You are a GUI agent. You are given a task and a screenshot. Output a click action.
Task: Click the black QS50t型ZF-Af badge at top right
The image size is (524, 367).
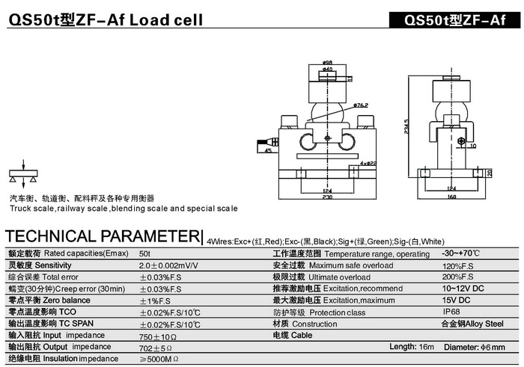(454, 19)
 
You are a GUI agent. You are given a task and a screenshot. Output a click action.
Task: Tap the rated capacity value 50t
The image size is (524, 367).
(144, 254)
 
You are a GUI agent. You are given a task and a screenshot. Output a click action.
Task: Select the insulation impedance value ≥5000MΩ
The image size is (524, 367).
(159, 359)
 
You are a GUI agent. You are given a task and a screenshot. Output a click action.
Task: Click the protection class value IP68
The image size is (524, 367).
(451, 312)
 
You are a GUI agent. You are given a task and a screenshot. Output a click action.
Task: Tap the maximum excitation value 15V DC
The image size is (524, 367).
(457, 300)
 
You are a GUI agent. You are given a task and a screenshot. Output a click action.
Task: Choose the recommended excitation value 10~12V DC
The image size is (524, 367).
(463, 289)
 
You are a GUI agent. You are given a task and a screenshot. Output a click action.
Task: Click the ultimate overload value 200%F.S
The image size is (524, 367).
(459, 277)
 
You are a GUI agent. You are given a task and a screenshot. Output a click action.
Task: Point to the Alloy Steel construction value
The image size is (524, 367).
(472, 324)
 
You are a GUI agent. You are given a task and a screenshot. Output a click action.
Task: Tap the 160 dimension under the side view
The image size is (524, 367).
(451, 197)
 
